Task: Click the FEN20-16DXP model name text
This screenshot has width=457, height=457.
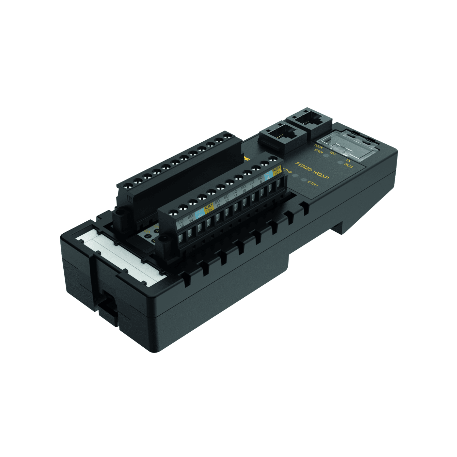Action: [312, 170]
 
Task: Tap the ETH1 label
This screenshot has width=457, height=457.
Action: [312, 184]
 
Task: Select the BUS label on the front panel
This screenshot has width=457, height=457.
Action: [349, 165]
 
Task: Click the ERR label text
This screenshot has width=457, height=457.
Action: [318, 151]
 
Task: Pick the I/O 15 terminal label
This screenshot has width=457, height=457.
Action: [181, 223]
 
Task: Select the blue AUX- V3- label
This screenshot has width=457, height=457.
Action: [199, 214]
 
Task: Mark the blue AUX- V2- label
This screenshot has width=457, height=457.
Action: [268, 176]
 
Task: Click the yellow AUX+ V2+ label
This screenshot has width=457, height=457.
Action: [277, 170]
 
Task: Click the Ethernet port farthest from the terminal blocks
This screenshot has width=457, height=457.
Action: [309, 120]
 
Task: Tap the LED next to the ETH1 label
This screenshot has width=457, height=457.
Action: [304, 180]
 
